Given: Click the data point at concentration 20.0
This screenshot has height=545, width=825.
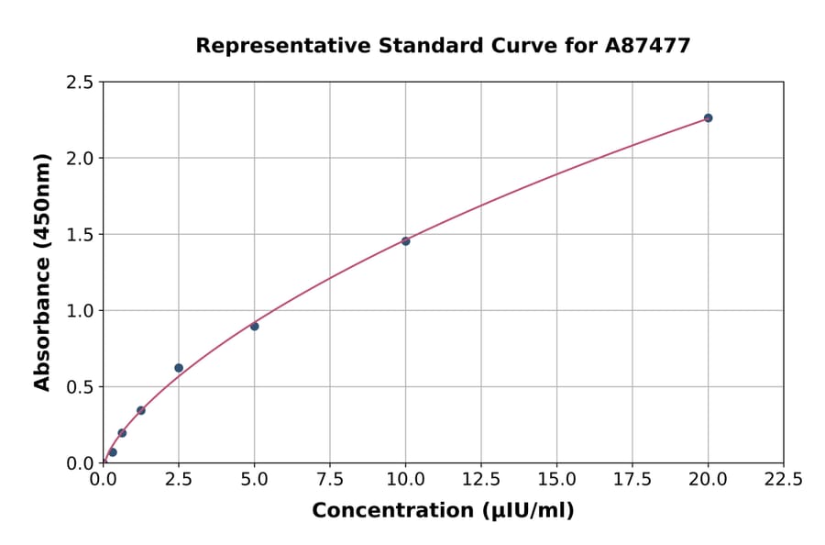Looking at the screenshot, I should [x=708, y=117].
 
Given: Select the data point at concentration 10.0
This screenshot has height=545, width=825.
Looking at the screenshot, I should [x=405, y=240].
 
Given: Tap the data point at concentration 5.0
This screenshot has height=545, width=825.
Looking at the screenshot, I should [x=255, y=326].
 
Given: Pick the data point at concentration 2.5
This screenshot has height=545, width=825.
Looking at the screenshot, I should [x=179, y=368].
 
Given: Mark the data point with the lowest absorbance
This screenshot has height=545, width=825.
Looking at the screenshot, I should [x=113, y=451].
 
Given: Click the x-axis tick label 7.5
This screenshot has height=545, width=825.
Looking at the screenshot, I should [x=330, y=480].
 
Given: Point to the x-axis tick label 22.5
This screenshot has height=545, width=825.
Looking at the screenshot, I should [x=783, y=480].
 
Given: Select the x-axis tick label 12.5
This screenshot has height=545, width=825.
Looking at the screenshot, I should [x=481, y=480].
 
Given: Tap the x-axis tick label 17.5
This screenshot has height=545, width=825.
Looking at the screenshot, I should [x=632, y=480].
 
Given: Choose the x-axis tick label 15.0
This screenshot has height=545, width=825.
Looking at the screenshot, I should [x=556, y=480].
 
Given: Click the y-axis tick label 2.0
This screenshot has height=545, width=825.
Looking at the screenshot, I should [x=81, y=159].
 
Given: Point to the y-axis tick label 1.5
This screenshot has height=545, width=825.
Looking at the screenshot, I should [x=81, y=235].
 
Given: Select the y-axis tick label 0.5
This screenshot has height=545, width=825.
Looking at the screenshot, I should [x=81, y=387].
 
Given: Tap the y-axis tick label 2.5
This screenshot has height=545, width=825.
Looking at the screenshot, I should [x=81, y=83].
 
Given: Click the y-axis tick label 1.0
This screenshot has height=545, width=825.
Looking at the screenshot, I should [x=81, y=311].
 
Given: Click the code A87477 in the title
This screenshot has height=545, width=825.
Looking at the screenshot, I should [x=649, y=45].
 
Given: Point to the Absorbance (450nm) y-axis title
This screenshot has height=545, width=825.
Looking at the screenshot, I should [x=42, y=272].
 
